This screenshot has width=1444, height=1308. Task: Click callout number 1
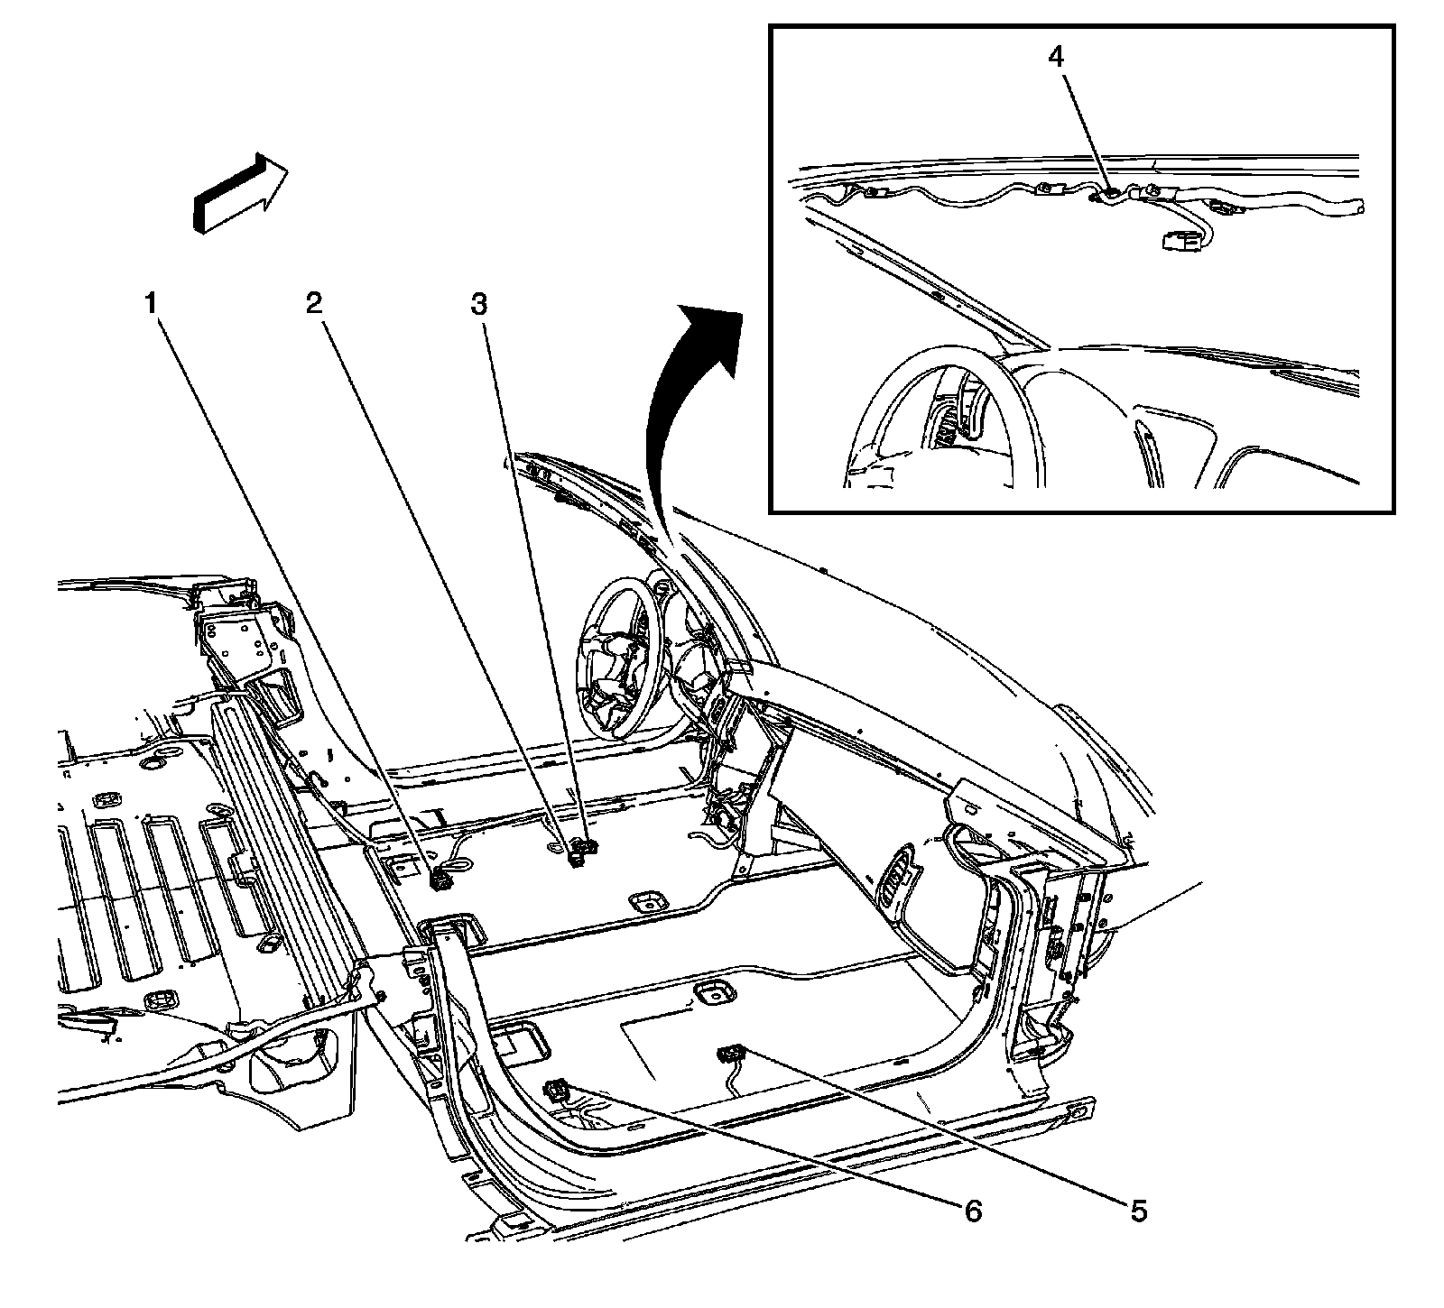(x=153, y=304)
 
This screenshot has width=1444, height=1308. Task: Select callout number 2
(x=313, y=304)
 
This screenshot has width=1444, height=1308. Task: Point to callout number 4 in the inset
(x=1056, y=55)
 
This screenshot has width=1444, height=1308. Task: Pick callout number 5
(x=1139, y=1211)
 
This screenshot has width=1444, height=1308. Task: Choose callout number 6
(x=972, y=1211)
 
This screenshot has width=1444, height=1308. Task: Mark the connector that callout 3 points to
(x=586, y=846)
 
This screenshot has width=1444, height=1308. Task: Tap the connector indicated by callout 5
(x=728, y=1053)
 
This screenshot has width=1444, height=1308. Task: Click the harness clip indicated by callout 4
(x=1109, y=191)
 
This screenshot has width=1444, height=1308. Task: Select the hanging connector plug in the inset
(x=1177, y=241)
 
